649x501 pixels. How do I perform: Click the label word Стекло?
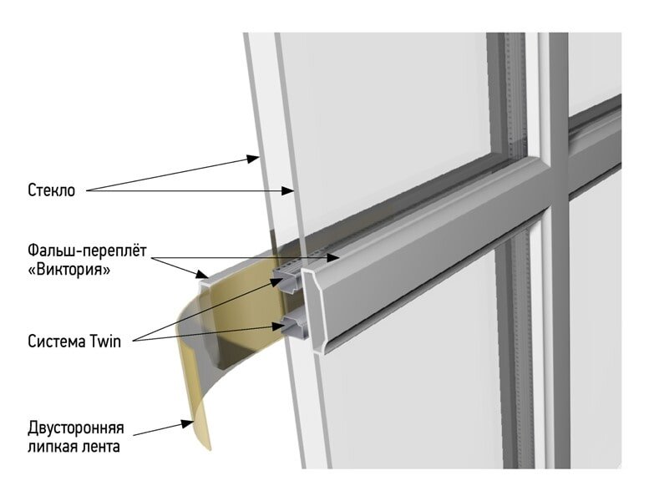click(51, 190)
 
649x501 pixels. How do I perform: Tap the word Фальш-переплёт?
click(88, 251)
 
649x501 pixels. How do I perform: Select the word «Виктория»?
click(69, 270)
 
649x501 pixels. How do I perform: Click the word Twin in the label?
click(105, 342)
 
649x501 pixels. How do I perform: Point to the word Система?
click(57, 342)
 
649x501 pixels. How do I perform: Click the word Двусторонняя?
click(76, 428)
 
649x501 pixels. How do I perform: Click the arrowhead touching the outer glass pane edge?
click(253, 159)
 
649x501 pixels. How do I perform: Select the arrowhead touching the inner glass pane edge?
click(288, 190)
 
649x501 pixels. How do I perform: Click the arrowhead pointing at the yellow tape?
click(187, 423)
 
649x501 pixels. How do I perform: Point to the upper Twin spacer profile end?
click(292, 281)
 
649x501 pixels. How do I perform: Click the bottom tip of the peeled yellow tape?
click(210, 448)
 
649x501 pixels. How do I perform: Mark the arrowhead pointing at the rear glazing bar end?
click(202, 274)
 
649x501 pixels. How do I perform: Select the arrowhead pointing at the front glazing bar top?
click(333, 258)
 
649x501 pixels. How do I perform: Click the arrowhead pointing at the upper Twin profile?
click(276, 281)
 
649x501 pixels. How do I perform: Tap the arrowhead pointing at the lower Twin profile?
click(278, 326)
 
